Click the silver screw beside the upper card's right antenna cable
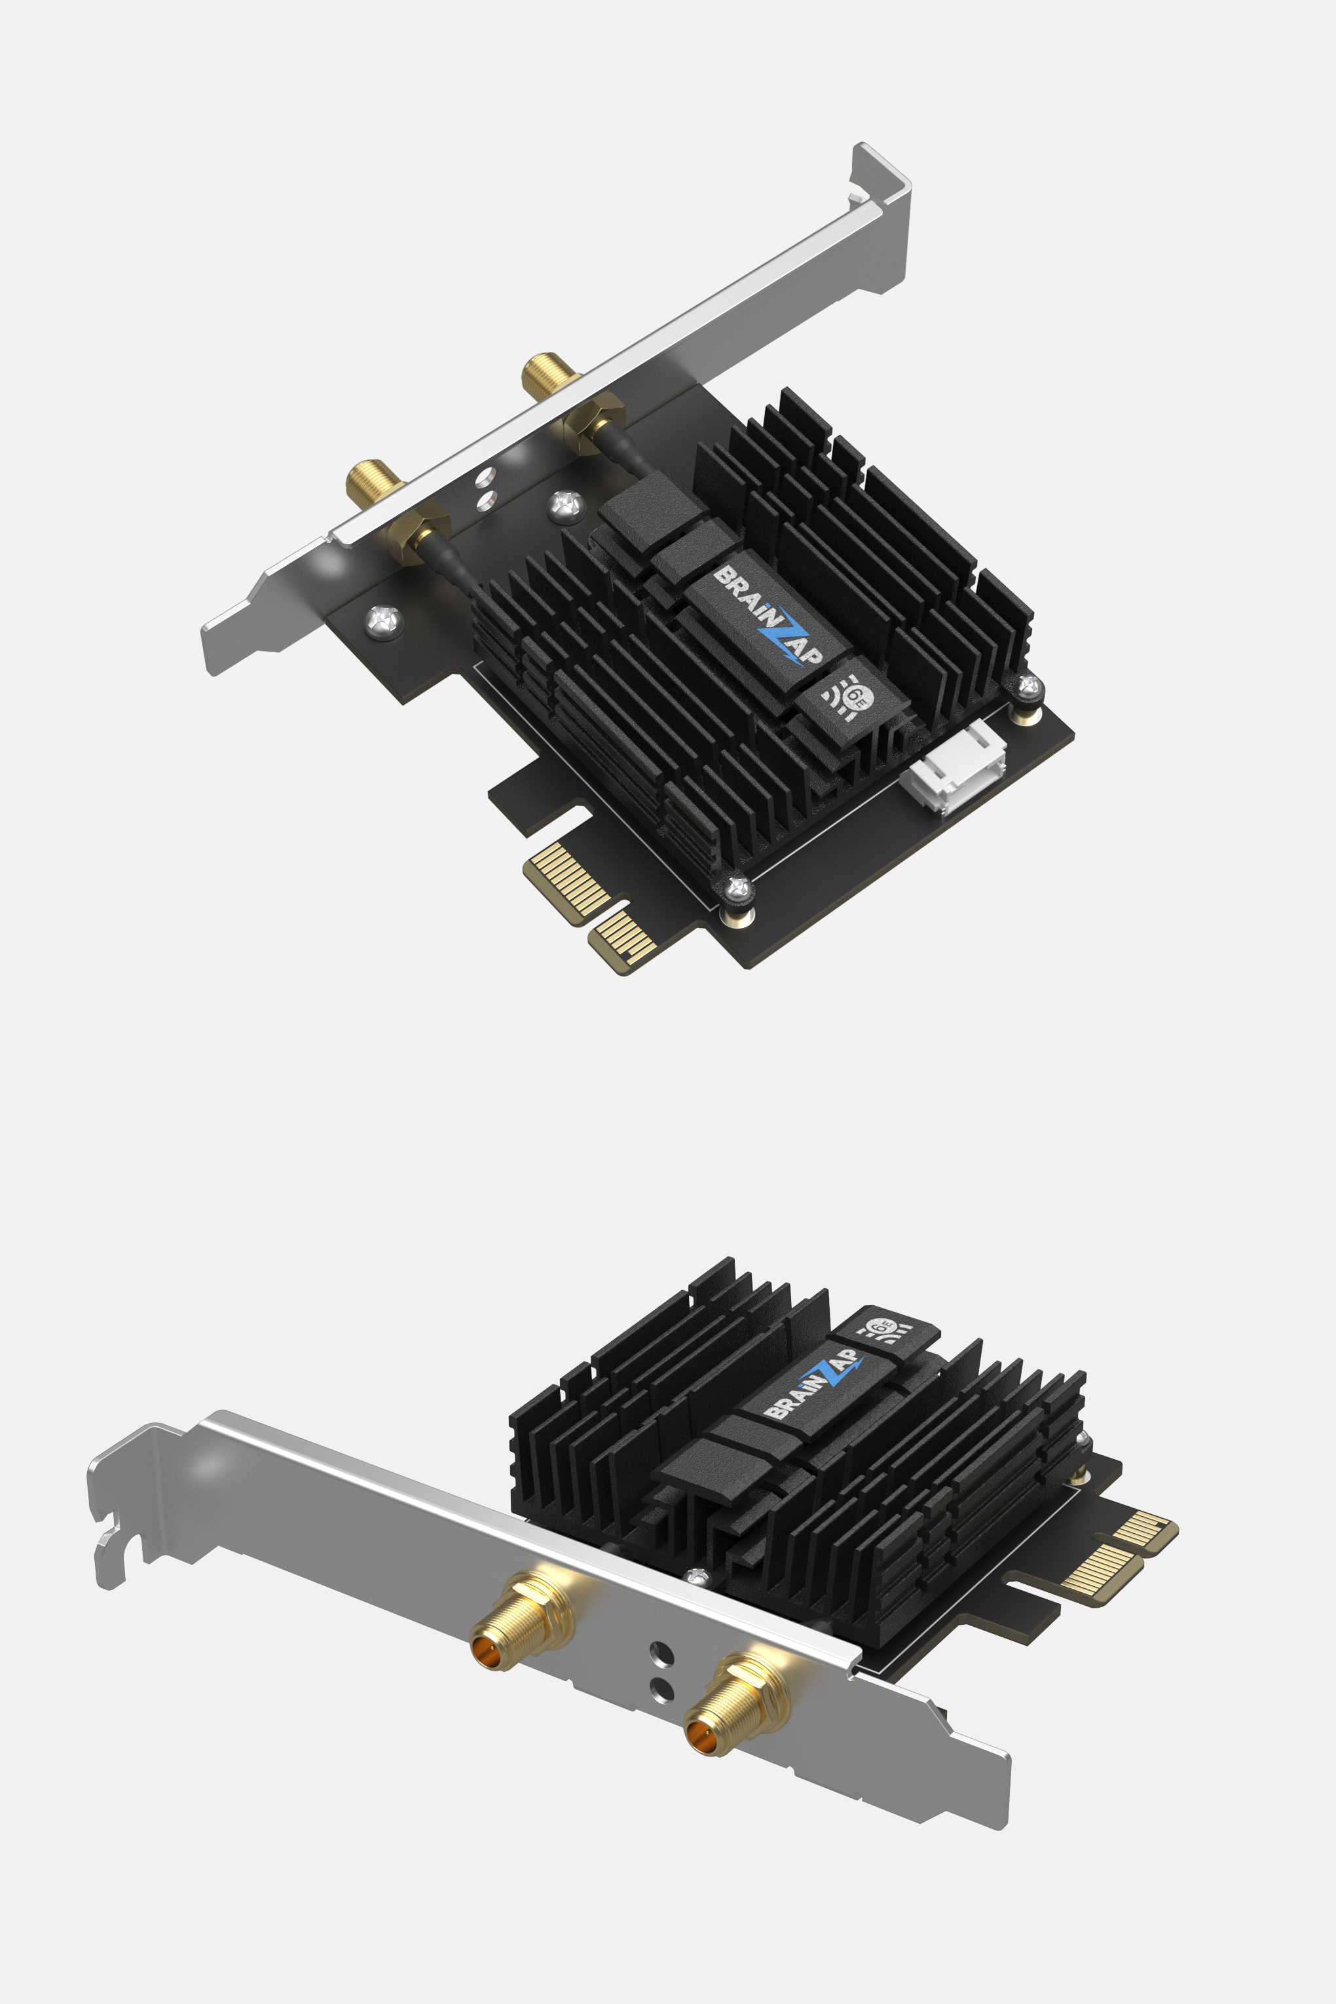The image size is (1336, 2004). (566, 506)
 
